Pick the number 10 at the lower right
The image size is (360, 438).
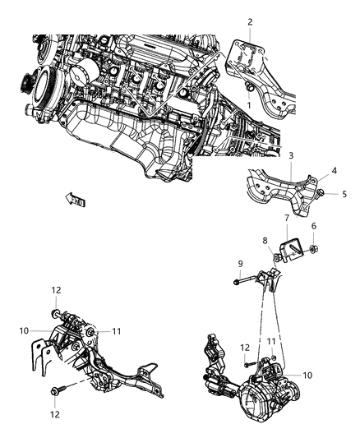coord(307,376)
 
